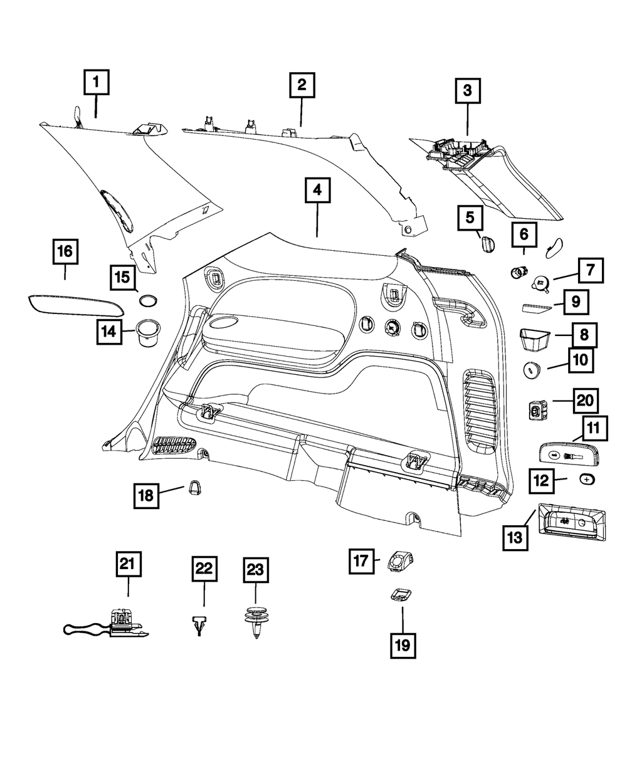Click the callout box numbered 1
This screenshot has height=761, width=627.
coord(96,82)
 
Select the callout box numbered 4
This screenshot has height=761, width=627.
coord(317,191)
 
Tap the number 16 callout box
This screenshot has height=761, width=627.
coord(66,251)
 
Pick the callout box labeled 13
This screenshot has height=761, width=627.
coord(515,538)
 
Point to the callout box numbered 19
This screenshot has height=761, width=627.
coord(403,646)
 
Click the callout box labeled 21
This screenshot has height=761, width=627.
coord(129,564)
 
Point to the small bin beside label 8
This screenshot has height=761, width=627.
coord(534,339)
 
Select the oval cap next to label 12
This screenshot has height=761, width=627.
coord(586,480)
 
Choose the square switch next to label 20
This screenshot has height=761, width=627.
coord(537,410)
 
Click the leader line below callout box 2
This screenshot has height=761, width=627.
coord(302,112)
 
